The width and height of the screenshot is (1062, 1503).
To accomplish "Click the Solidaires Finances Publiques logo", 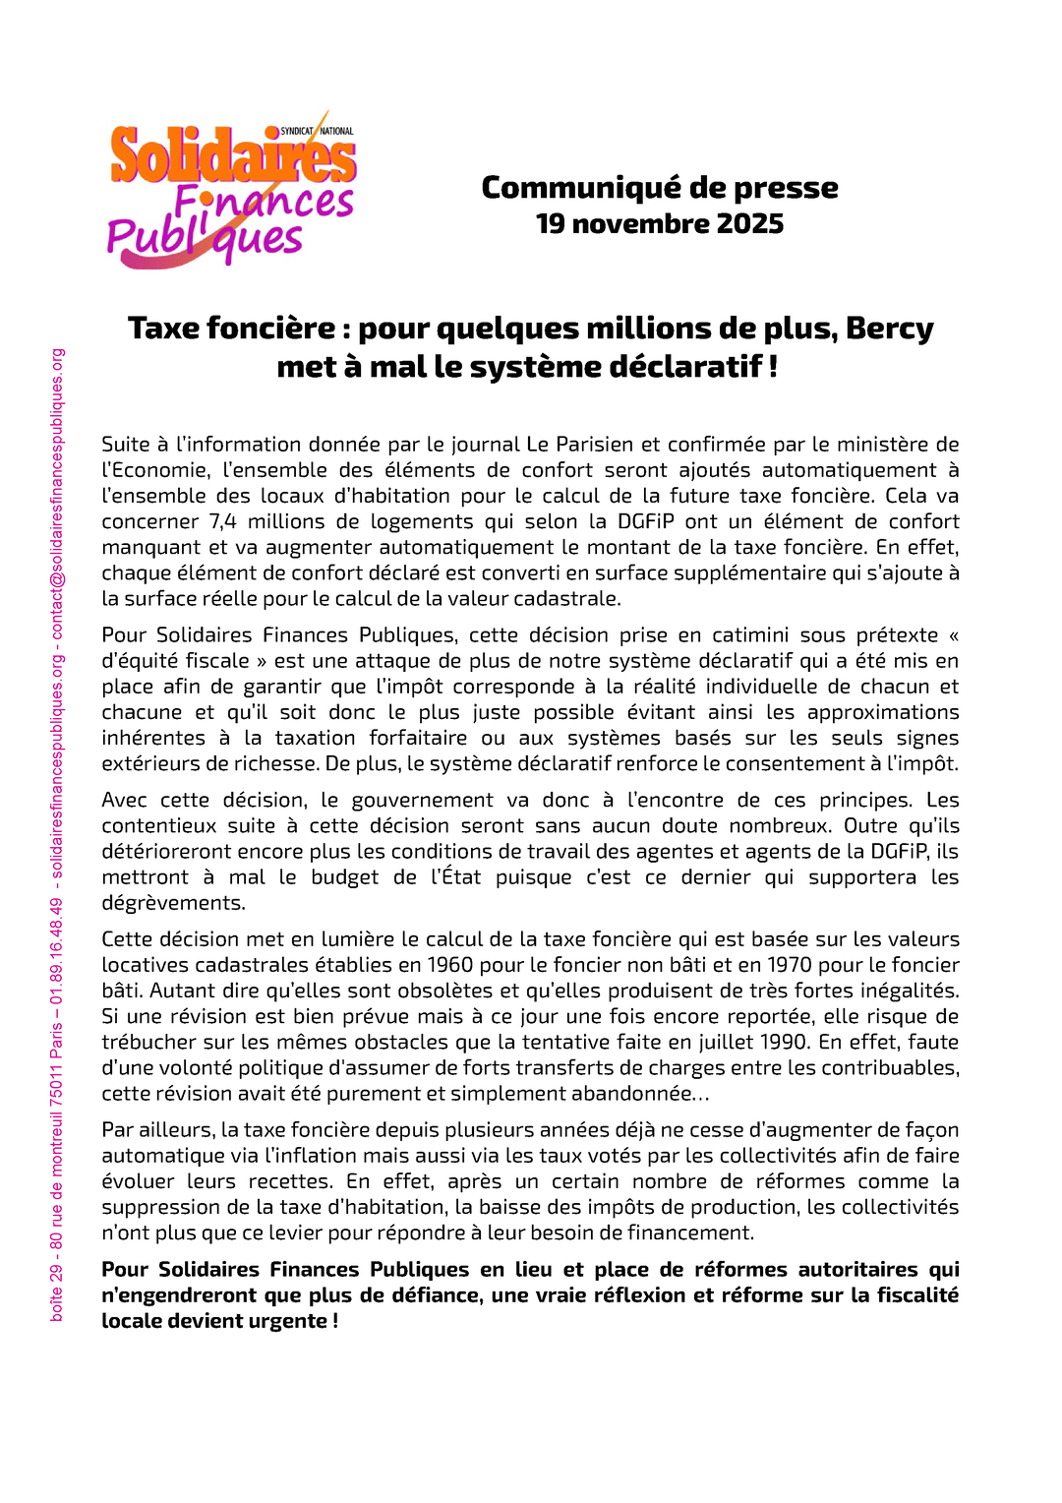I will (x=232, y=190).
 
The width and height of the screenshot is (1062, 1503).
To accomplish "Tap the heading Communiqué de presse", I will (x=659, y=187).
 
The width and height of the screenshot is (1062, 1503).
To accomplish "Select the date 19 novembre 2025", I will (x=659, y=224).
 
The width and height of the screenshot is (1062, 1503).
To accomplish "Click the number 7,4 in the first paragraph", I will (x=223, y=521).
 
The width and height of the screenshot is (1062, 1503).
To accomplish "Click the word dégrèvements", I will (x=173, y=903).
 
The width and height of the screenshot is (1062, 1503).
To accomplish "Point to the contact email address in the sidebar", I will (x=57, y=492).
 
